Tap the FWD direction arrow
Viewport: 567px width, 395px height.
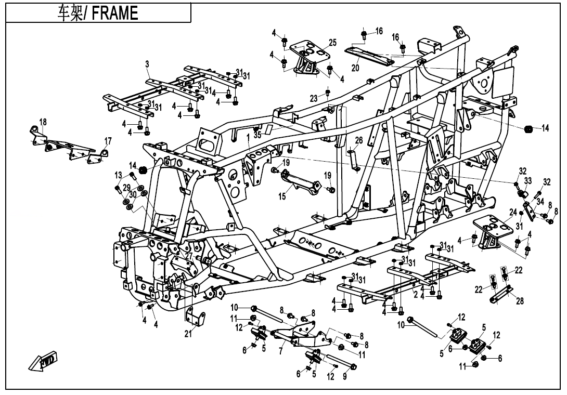(43, 362)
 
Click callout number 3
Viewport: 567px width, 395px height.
(147, 64)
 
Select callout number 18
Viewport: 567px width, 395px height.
(43, 122)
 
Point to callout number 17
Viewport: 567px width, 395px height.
(108, 141)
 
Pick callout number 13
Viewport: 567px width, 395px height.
(119, 175)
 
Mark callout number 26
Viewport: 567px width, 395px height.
(359, 140)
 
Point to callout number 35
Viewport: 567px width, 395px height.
(257, 135)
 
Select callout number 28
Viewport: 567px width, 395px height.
(520, 301)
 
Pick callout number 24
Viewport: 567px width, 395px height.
(513, 212)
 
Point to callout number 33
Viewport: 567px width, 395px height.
(527, 180)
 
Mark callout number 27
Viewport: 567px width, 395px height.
(189, 256)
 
